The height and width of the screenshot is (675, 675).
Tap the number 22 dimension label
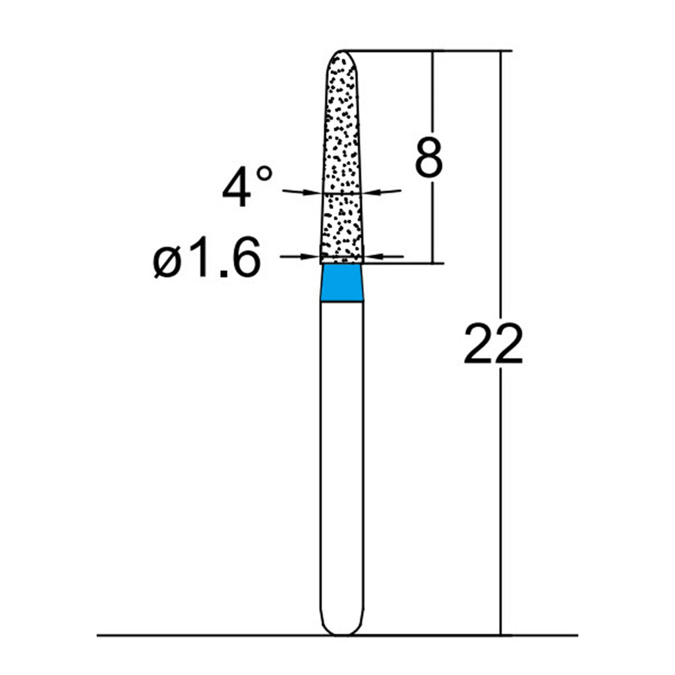(x=493, y=345)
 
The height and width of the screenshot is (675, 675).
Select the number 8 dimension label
(x=428, y=157)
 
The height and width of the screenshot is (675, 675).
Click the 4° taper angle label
(x=247, y=186)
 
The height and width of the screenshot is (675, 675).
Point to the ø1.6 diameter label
(x=207, y=257)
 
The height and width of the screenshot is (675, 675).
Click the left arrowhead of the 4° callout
(x=314, y=192)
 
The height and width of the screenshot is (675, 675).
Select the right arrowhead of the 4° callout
(x=370, y=192)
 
